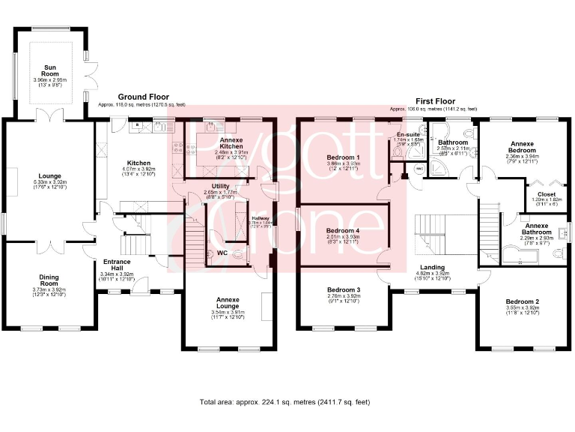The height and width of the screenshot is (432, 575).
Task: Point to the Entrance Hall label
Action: coord(116,265)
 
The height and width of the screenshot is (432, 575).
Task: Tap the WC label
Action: coord(222,253)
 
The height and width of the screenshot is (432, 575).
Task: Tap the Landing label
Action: coord(432,268)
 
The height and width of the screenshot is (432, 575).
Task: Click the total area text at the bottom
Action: coord(285,403)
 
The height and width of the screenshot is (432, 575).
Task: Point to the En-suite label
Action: coord(408,134)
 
